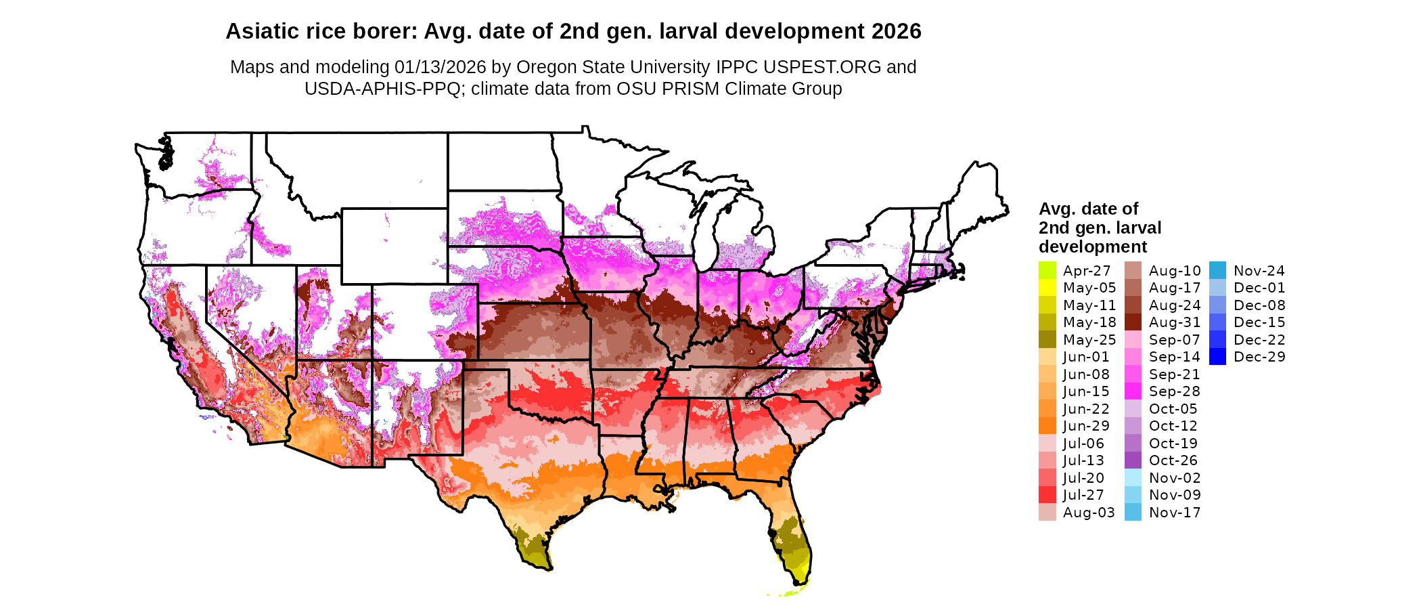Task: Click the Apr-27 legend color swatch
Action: tap(1047, 270)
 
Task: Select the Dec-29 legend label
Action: tap(1259, 357)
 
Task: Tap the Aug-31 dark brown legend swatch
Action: tap(1133, 322)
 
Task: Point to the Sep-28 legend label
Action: tap(1174, 391)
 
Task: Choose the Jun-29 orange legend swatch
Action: tap(1047, 426)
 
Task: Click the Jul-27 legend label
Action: tap(1083, 495)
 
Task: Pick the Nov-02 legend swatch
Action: tap(1133, 477)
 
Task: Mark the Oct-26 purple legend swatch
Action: tap(1133, 460)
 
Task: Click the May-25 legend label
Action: tap(1089, 340)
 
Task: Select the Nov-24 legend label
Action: tap(1259, 271)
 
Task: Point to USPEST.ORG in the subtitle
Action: tap(822, 67)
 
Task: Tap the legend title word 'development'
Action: tap(1093, 246)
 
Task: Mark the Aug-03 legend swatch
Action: tap(1047, 513)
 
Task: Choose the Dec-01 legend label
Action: tap(1259, 288)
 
